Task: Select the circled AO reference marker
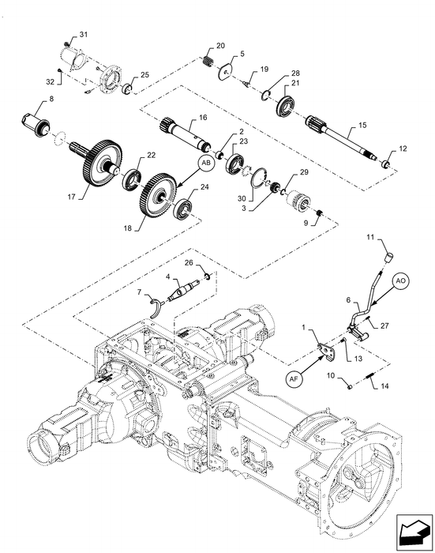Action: point(399,280)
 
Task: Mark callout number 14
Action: point(384,386)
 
